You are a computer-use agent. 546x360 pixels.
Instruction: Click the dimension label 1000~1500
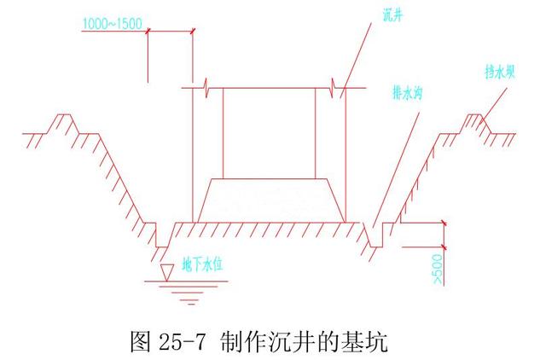[113, 23]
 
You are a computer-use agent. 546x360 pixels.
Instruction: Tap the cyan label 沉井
[392, 15]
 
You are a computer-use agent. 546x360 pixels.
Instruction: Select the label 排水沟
[408, 93]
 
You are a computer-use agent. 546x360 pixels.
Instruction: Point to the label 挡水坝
[500, 72]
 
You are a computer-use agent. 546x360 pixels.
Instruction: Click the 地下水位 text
[202, 265]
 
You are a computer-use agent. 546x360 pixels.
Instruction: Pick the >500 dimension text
[438, 269]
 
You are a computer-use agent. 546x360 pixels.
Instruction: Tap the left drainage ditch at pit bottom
[162, 235]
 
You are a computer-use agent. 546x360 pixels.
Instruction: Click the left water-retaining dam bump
[64, 123]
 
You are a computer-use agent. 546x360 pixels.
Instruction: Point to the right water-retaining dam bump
[475, 123]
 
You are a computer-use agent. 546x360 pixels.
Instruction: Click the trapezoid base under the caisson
[271, 200]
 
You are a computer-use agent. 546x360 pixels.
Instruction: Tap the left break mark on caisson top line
[206, 88]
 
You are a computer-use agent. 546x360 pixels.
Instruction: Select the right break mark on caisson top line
[334, 88]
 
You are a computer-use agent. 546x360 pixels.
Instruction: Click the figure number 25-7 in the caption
[183, 341]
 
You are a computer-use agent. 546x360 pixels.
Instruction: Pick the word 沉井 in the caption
[293, 341]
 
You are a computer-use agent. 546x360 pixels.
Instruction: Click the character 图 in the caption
[142, 341]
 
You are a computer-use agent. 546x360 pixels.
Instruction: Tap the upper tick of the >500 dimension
[444, 223]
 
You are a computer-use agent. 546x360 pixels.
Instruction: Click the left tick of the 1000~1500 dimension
[148, 31]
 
